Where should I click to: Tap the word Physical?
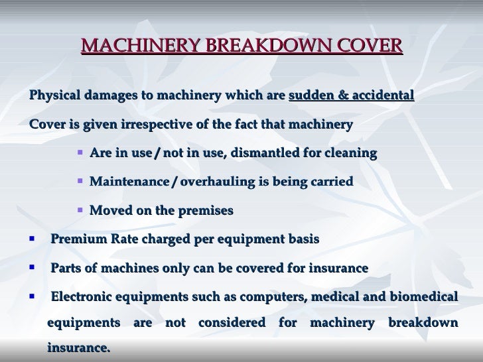[54, 95]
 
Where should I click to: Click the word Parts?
[65, 269]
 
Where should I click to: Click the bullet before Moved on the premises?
[80, 211]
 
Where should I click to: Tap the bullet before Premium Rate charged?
[31, 238]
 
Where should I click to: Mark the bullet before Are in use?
[80, 153]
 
